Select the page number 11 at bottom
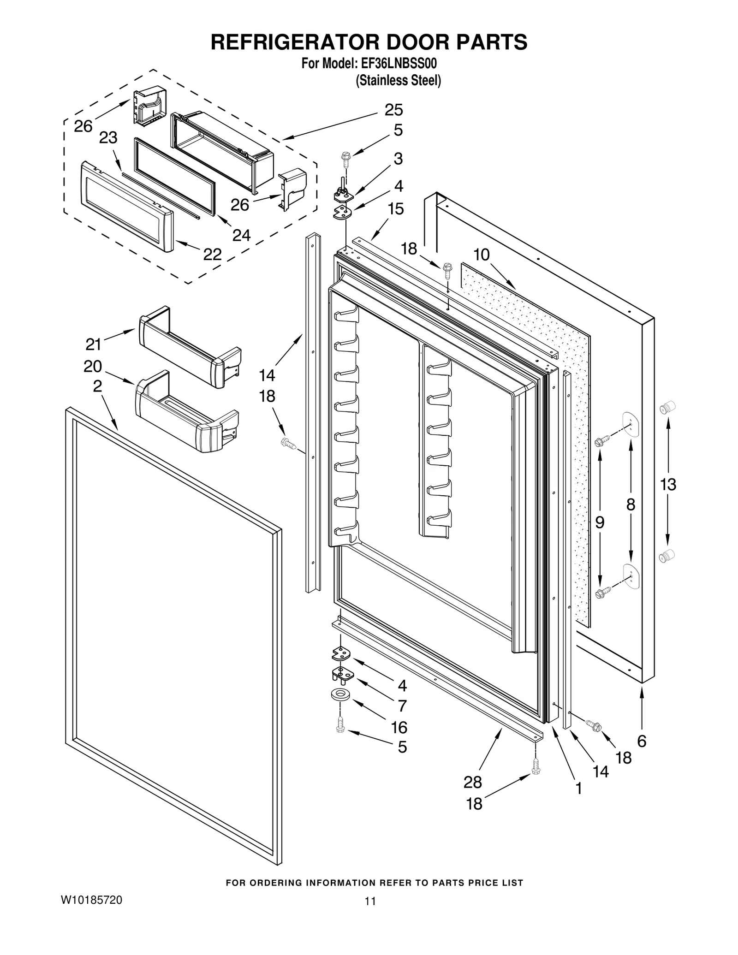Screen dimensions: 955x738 (x=370, y=901)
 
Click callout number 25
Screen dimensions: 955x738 (x=393, y=110)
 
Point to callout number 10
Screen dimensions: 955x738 (x=481, y=255)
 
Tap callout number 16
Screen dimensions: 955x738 (x=399, y=727)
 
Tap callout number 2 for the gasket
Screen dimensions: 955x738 (x=97, y=386)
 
